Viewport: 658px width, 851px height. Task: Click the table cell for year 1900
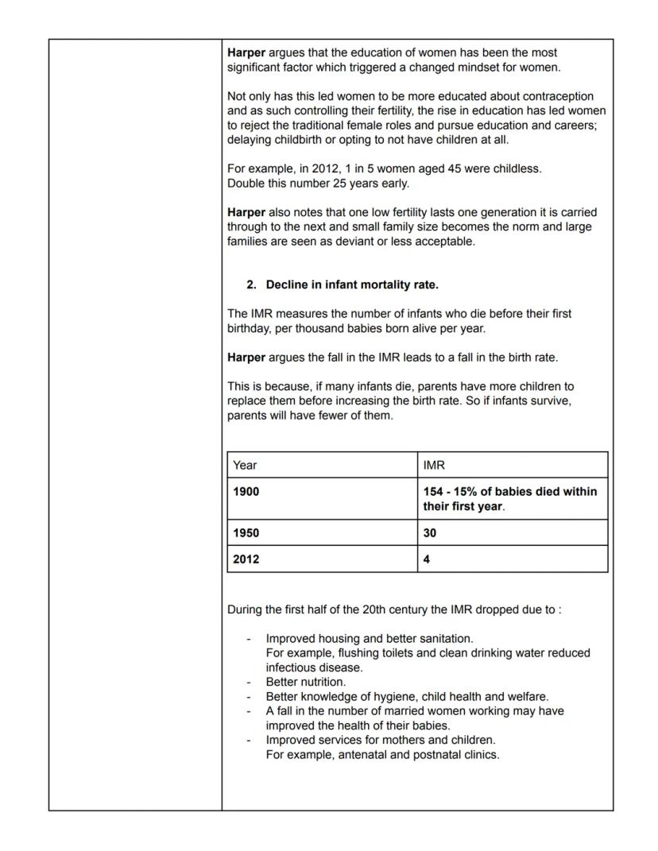[x=246, y=492]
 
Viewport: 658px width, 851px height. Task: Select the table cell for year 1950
[x=246, y=533]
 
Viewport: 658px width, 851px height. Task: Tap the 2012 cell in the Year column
[x=246, y=559]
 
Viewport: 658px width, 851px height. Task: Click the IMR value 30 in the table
[x=430, y=533]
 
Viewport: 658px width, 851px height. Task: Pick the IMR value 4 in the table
[x=427, y=559]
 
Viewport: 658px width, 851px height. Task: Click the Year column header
[x=245, y=466]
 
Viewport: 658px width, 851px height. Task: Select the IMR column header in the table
[x=434, y=466]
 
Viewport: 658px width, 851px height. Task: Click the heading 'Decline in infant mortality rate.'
[x=351, y=284]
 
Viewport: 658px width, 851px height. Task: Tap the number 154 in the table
[x=434, y=492]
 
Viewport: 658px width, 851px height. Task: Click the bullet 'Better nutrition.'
[x=306, y=682]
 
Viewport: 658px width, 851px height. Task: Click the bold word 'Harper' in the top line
[x=246, y=52]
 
